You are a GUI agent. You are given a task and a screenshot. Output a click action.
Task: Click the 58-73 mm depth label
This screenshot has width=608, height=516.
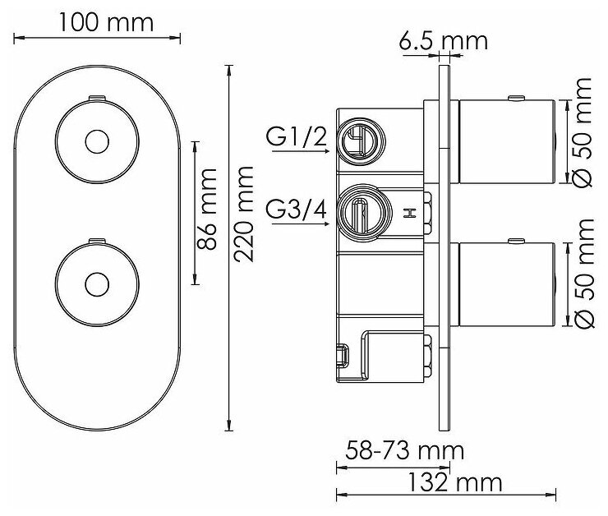pyautogui.click(x=399, y=451)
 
